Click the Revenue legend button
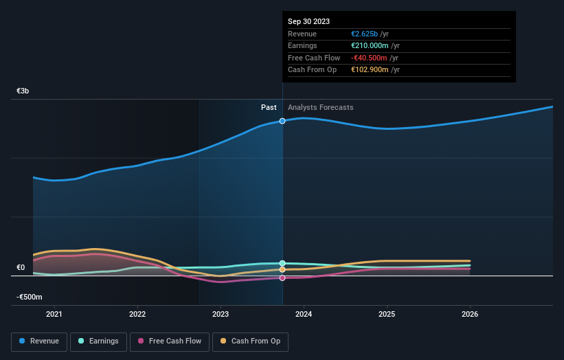pos(40,341)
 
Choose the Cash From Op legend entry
pos(250,341)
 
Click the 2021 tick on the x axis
pos(54,315)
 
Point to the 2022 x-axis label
pos(137,315)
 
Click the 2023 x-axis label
pos(221,315)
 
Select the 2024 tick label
pos(304,315)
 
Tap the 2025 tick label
pos(387,315)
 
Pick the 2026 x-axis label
pos(470,315)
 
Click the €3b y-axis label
pos(23,91)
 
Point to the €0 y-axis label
pos(21,268)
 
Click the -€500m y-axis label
pos(30,297)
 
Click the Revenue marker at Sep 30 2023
pos(282,121)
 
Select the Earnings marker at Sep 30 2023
pos(282,263)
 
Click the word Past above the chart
pos(269,107)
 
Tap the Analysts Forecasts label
pos(321,107)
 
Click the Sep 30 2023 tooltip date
pos(308,21)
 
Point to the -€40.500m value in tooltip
pos(370,58)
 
